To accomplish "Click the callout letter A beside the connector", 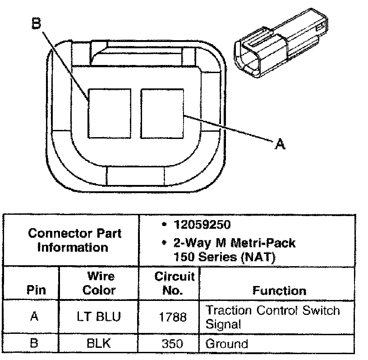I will click(281, 144).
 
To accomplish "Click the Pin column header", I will click(36, 290).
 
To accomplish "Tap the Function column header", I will click(279, 291).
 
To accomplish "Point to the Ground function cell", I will click(226, 344).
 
